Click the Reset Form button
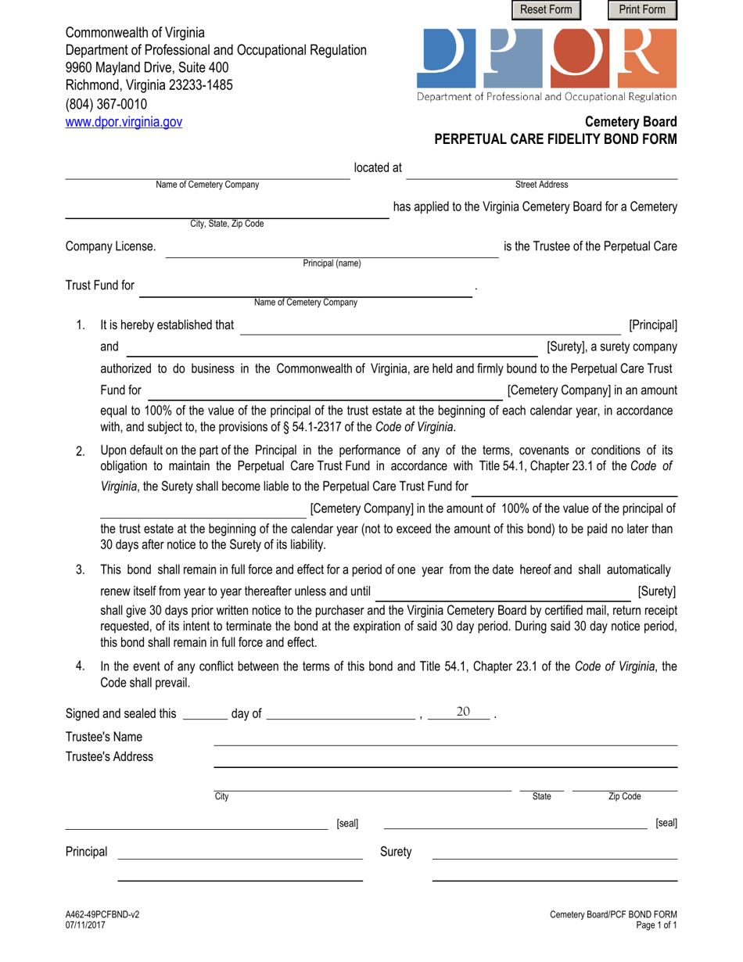547,9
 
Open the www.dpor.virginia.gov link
124,122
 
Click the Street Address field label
541,185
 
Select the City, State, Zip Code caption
227,224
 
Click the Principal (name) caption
332,264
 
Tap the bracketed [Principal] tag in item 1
652,325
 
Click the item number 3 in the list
81,569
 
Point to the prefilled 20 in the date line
463,711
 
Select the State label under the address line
541,796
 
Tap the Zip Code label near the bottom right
624,796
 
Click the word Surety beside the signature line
396,852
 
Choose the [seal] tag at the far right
666,823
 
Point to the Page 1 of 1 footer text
658,924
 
